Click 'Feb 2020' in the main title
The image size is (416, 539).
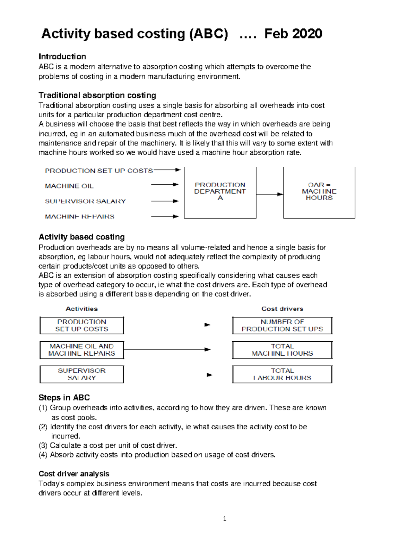coord(293,34)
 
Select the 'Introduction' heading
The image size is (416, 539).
coord(62,57)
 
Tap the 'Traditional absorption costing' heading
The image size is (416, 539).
coord(97,95)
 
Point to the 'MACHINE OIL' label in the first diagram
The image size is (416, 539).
coord(69,186)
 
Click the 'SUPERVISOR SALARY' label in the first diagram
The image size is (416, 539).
coord(85,201)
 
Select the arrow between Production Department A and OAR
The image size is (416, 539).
coord(270,194)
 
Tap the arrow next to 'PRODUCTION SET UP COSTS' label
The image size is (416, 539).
coord(167,170)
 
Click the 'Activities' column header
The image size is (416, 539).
coord(82,309)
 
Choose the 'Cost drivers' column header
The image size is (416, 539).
coord(282,309)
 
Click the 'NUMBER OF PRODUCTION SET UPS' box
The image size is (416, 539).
coord(282,326)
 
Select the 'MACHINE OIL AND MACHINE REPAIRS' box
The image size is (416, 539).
coord(81,350)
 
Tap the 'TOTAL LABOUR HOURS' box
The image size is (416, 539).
coord(282,374)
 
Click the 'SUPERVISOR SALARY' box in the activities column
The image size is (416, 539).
coord(81,374)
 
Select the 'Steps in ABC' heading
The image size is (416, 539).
coord(64,398)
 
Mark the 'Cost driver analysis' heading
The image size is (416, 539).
coord(74,474)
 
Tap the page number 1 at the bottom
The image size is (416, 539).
coord(225,519)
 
